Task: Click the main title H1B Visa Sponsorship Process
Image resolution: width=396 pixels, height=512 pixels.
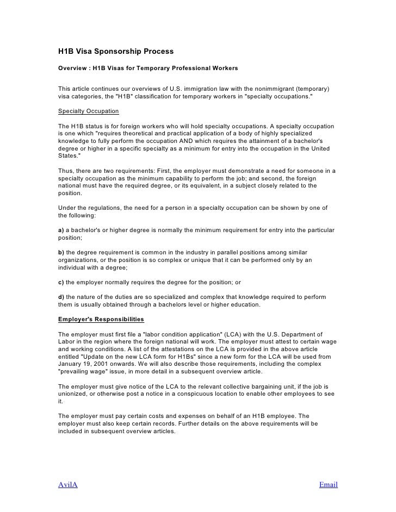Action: point(116,52)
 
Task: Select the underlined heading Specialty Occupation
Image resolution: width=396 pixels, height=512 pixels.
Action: point(89,111)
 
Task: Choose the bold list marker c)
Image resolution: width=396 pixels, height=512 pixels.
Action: point(61,283)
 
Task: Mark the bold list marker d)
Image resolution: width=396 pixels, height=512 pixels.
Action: point(61,297)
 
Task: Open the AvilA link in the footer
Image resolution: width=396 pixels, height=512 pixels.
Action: point(68,484)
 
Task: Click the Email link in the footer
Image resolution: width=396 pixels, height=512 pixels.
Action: point(328,484)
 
